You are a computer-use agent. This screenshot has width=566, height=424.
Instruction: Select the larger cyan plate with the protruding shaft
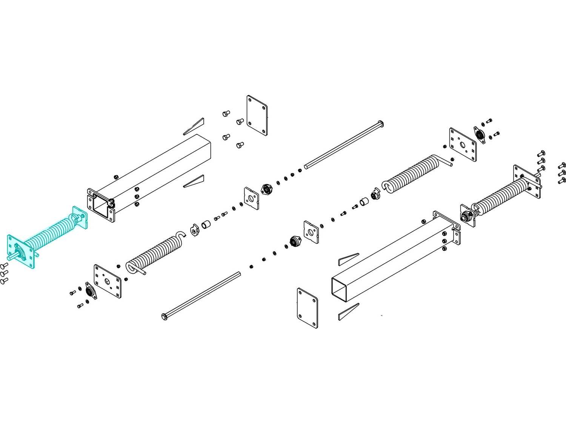pos(21,252)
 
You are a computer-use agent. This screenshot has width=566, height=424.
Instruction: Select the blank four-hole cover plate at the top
pos(257,115)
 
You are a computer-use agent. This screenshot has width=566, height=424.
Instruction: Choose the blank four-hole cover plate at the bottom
pos(307,308)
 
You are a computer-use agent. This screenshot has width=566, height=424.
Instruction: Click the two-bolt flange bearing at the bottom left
pos(90,291)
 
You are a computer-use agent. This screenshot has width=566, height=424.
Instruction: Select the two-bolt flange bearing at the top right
pos(480,135)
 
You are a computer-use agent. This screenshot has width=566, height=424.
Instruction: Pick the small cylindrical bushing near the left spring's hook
pos(206,225)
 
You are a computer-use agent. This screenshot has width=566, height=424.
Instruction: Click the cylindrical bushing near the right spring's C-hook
pos(365,202)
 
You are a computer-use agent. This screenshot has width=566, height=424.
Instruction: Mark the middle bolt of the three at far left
pos(4,273)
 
